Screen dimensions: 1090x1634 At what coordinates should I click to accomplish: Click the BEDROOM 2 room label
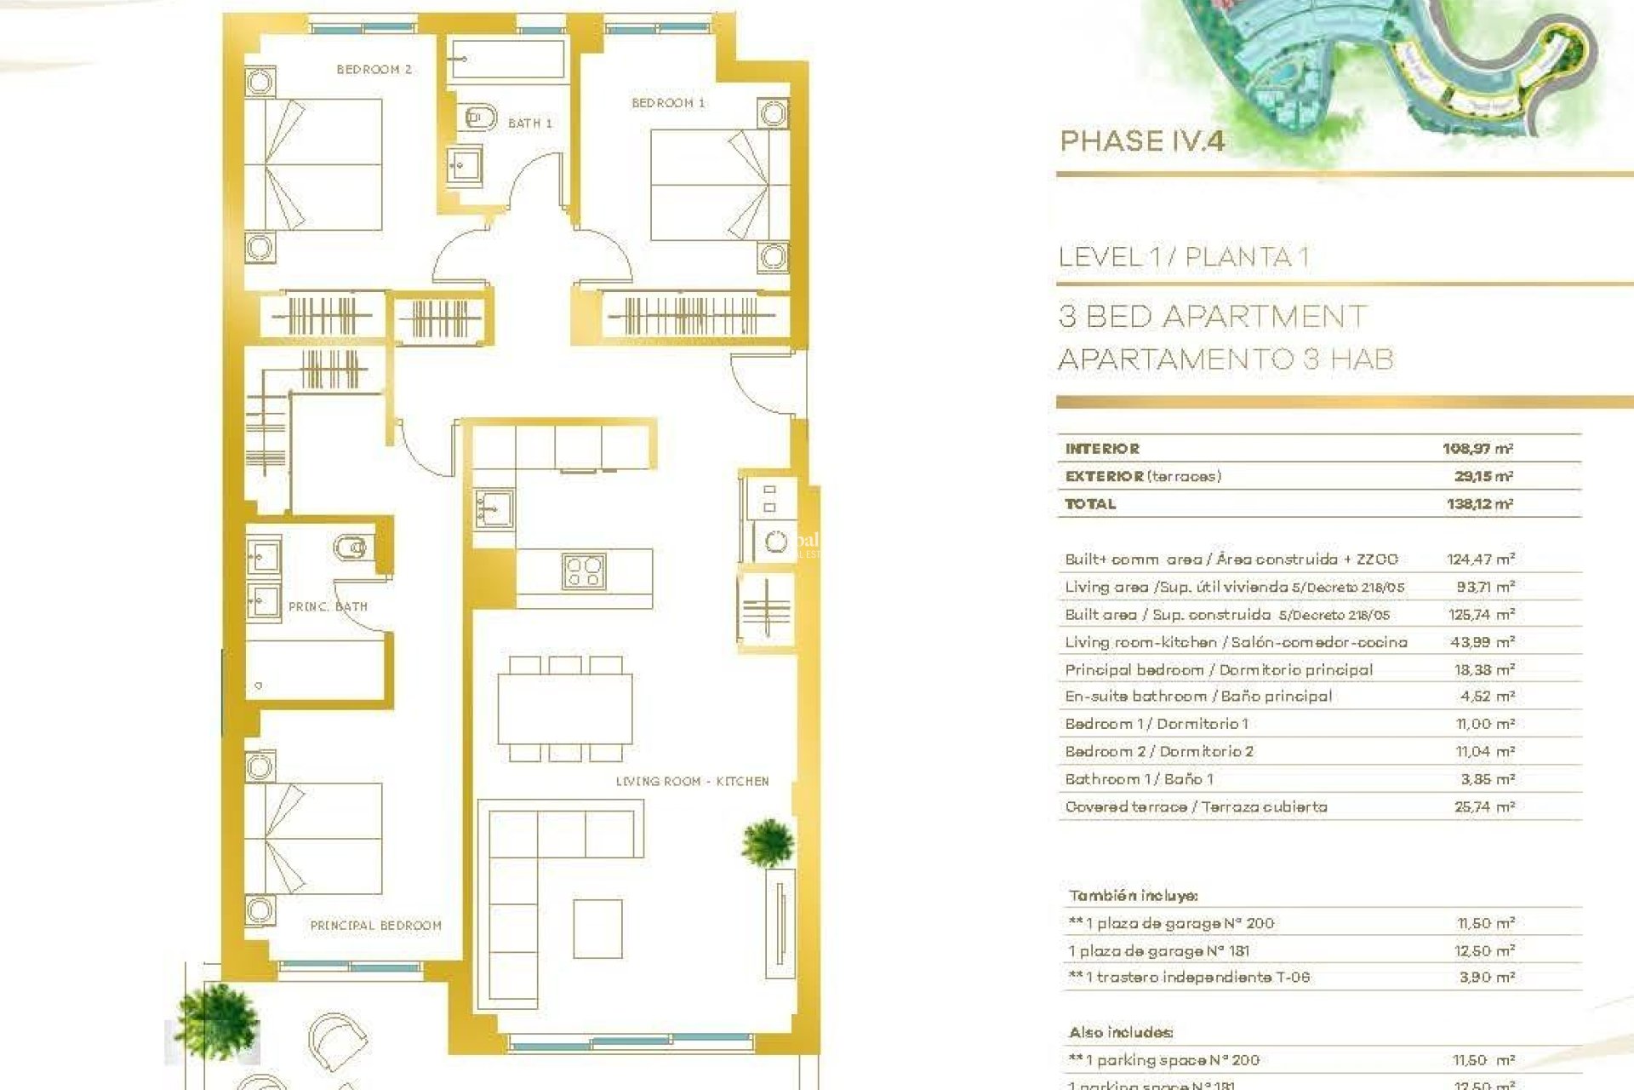tap(374, 70)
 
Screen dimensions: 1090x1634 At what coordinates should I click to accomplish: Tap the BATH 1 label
tap(529, 123)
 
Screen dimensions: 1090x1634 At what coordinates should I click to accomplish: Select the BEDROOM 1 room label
tap(668, 103)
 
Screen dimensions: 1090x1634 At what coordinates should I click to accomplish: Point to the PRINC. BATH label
tap(328, 607)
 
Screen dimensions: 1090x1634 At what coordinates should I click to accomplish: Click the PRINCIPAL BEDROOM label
tap(375, 926)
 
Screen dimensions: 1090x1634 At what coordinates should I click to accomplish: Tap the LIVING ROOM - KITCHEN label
tap(692, 781)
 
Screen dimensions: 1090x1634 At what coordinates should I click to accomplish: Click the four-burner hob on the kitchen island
tap(584, 571)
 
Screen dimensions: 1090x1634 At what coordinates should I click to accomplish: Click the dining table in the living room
tap(565, 708)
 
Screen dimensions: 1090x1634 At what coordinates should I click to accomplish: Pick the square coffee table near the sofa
tap(597, 928)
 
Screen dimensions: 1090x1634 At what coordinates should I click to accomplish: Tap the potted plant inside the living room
tap(768, 842)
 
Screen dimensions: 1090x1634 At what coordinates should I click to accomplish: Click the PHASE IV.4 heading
tap(1142, 141)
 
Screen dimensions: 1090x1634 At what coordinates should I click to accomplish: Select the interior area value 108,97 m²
tap(1477, 449)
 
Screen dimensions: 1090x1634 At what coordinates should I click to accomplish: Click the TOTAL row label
tap(1090, 504)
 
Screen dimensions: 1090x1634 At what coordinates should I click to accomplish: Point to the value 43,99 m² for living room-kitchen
tap(1482, 642)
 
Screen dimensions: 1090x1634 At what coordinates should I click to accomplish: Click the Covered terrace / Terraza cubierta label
tap(1196, 806)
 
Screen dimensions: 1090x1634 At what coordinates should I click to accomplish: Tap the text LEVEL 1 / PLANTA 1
tap(1183, 257)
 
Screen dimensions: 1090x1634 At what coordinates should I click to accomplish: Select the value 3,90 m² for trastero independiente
tap(1486, 978)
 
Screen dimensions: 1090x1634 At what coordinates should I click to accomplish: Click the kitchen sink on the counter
tap(494, 508)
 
